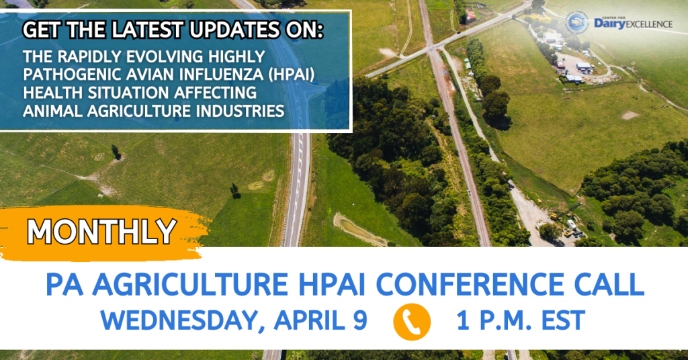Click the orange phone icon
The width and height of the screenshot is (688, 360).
point(412,322)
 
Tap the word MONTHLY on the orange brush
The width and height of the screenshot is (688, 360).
point(102,231)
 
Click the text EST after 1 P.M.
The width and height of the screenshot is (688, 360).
point(563,320)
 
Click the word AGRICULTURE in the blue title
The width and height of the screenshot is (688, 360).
point(189,284)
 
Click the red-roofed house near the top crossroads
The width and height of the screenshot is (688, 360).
point(471,16)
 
